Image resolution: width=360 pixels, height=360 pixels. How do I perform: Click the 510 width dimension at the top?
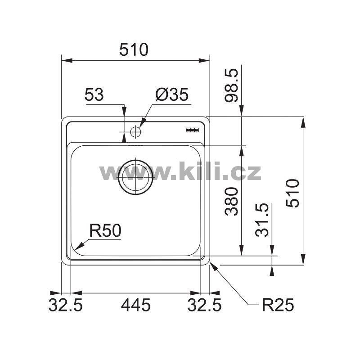tap(134, 49)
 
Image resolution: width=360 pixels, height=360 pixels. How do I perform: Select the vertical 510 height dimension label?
tap(293, 193)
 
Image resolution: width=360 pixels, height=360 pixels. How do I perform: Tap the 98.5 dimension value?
tap(231, 85)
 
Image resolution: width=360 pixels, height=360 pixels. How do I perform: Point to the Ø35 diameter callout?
tap(172, 94)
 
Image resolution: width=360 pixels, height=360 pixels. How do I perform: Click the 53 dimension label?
tap(94, 94)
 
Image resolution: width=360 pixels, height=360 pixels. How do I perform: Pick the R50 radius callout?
tap(105, 231)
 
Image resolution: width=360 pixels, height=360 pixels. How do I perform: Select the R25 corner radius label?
tap(278, 305)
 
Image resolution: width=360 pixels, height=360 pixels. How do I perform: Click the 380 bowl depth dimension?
tap(231, 201)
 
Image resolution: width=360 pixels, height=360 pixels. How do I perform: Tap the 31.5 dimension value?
tap(262, 220)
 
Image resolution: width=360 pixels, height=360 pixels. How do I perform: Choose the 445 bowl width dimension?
tap(136, 305)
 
